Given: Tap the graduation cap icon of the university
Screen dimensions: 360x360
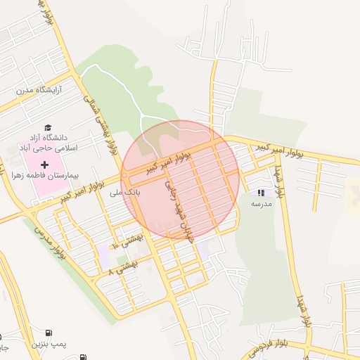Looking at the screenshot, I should click(48, 127).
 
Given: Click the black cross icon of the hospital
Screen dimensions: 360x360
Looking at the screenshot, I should click(44, 164).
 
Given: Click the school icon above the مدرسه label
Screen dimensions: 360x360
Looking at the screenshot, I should click(261, 193).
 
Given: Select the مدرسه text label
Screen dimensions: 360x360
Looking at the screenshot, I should click(261, 203).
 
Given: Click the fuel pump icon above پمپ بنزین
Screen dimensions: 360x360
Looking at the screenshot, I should click(48, 333).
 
